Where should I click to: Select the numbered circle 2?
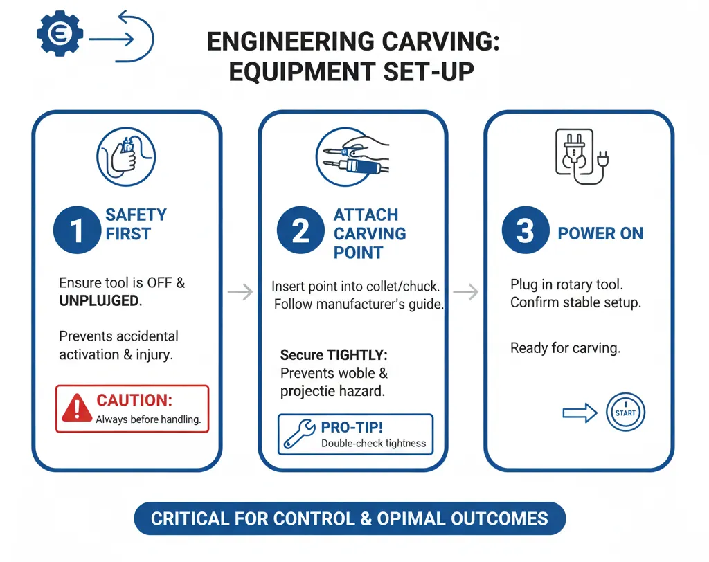point(300,230)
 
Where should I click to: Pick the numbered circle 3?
point(525,231)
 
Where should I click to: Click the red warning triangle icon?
point(77,408)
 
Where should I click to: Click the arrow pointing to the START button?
point(580,413)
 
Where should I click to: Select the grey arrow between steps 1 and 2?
point(240,292)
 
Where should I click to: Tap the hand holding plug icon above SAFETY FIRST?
point(126,156)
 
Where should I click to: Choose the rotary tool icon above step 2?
point(352,156)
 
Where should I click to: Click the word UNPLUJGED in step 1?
point(99,301)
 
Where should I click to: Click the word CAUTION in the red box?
point(134,401)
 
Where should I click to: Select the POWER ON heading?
point(600,233)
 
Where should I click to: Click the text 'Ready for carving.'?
point(565,347)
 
